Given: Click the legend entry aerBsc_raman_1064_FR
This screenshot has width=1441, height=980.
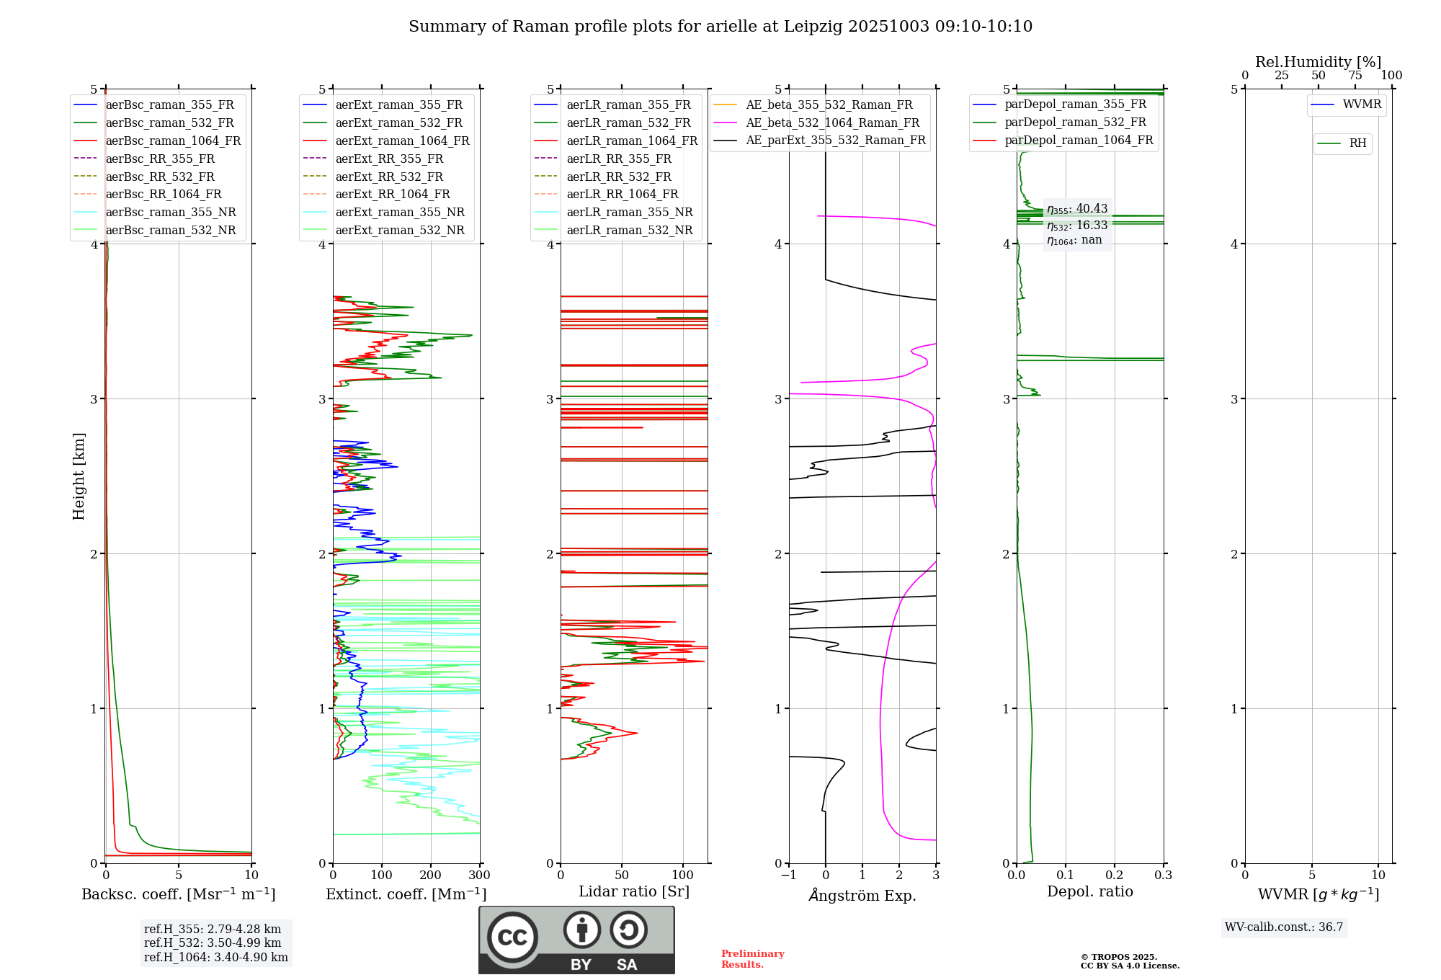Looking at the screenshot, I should [173, 141].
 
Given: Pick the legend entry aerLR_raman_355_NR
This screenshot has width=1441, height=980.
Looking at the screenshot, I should [629, 213].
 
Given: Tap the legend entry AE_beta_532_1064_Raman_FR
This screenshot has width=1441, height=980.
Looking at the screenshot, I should [832, 123].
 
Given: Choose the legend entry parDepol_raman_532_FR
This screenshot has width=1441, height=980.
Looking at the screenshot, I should [1075, 122].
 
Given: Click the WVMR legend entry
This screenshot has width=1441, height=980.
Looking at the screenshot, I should [1362, 105].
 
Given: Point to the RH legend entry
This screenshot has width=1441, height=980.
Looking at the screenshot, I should [1357, 144].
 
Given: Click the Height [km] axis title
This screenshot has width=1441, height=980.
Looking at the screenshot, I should [79, 476].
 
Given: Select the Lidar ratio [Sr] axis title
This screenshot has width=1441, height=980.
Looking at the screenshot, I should [634, 892].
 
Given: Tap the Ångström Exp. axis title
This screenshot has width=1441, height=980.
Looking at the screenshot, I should [862, 896].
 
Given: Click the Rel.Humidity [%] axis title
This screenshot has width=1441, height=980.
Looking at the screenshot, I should [1318, 62].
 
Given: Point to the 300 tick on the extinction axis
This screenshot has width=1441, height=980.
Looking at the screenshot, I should [480, 876].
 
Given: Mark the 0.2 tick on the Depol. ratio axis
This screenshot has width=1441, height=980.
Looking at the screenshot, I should [1115, 876].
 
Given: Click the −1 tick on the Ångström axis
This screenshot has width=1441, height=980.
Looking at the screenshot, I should [789, 876].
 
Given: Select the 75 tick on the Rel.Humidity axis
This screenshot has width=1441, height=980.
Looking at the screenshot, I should [1355, 76].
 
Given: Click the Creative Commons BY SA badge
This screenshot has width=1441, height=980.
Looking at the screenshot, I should [576, 940].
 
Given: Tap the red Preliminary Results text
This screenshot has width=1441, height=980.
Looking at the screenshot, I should [752, 959].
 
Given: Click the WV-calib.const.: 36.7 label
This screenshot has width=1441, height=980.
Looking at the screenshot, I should [1284, 927].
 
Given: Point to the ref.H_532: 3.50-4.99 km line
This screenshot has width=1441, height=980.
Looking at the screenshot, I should [213, 943].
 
